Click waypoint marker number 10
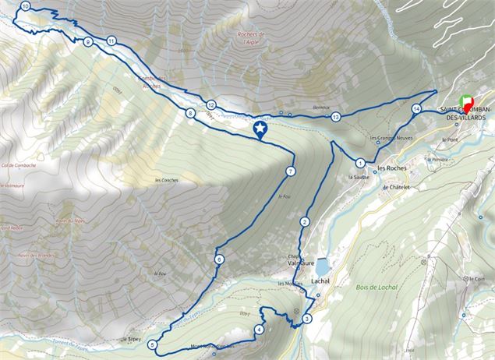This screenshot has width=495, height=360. [25, 6]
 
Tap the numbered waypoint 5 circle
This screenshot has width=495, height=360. [152, 344]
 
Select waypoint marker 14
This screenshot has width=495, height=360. [417, 108]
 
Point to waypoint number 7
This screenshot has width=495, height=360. [290, 171]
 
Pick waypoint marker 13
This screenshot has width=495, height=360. [335, 117]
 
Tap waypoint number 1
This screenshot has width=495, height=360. [360, 163]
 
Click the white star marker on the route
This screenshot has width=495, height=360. [260, 129]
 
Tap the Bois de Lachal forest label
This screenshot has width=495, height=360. [377, 288]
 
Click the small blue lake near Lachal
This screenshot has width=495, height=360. [323, 265]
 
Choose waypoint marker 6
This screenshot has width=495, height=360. [220, 259]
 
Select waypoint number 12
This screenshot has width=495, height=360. [211, 104]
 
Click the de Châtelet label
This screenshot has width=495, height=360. [396, 187]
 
